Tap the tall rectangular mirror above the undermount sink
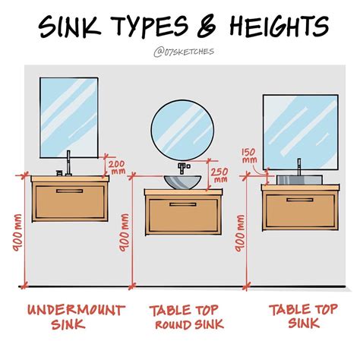click(69, 114)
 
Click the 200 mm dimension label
click(117, 166)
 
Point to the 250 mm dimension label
click(220, 175)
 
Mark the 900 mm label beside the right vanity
click(242, 232)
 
